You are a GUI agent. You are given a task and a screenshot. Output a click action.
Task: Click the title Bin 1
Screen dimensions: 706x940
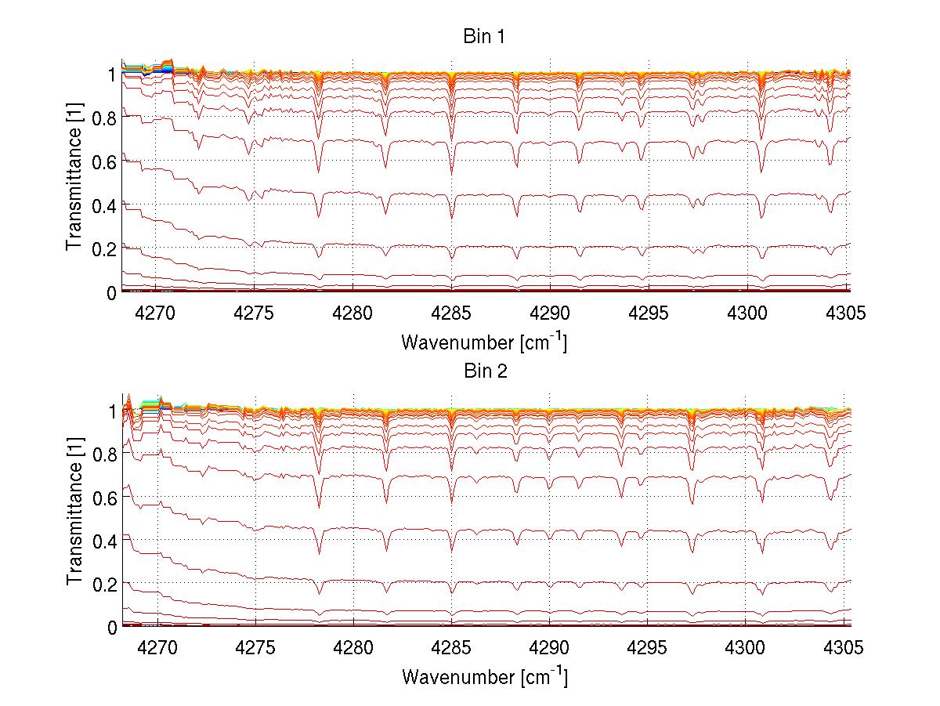click(484, 37)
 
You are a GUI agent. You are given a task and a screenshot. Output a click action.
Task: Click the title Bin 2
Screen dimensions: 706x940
click(484, 371)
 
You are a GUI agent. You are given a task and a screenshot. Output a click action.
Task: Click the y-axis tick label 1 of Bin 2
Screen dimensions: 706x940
click(112, 411)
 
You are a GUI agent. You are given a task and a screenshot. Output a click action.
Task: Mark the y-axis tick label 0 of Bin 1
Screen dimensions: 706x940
click(112, 292)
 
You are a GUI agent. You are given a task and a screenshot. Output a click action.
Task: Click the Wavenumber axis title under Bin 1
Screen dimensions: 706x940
click(484, 342)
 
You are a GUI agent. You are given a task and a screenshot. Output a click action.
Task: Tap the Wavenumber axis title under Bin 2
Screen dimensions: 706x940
click(484, 676)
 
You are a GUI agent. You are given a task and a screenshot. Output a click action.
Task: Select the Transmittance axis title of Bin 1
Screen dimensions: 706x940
click(74, 183)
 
